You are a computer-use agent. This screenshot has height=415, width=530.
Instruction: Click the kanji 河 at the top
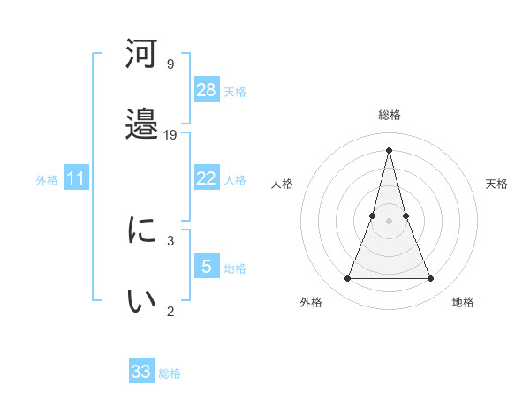tap(142, 55)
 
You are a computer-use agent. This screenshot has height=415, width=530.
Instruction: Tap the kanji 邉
tap(142, 124)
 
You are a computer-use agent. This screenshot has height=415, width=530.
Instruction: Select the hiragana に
tap(142, 231)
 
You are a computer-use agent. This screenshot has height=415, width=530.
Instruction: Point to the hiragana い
tap(142, 301)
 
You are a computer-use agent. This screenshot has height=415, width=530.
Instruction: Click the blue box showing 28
tap(207, 89)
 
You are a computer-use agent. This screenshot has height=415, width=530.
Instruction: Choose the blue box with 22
tap(207, 178)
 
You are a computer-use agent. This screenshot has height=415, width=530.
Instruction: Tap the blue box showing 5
tap(207, 266)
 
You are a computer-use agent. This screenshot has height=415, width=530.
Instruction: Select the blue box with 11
tap(76, 178)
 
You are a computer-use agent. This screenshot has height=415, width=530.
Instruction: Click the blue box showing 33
tap(141, 372)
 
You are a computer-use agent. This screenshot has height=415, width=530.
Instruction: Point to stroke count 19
tap(170, 134)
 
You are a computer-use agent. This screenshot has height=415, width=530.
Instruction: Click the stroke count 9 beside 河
tap(170, 64)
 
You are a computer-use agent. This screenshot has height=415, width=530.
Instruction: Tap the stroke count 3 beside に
tap(170, 240)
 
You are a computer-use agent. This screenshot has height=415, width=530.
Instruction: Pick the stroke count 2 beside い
tap(170, 310)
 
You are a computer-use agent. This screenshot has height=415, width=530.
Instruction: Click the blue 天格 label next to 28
tap(235, 91)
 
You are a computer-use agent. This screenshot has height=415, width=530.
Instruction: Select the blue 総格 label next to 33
tap(170, 373)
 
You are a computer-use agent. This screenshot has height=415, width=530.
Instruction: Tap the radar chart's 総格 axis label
tap(389, 115)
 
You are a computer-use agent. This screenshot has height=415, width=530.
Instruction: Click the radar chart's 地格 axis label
tap(463, 302)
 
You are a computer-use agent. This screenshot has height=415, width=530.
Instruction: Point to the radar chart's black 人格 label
tap(282, 184)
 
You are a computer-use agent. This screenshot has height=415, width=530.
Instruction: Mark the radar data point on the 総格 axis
tap(389, 149)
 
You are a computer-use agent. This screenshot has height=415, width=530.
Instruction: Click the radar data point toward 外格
tap(347, 279)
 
